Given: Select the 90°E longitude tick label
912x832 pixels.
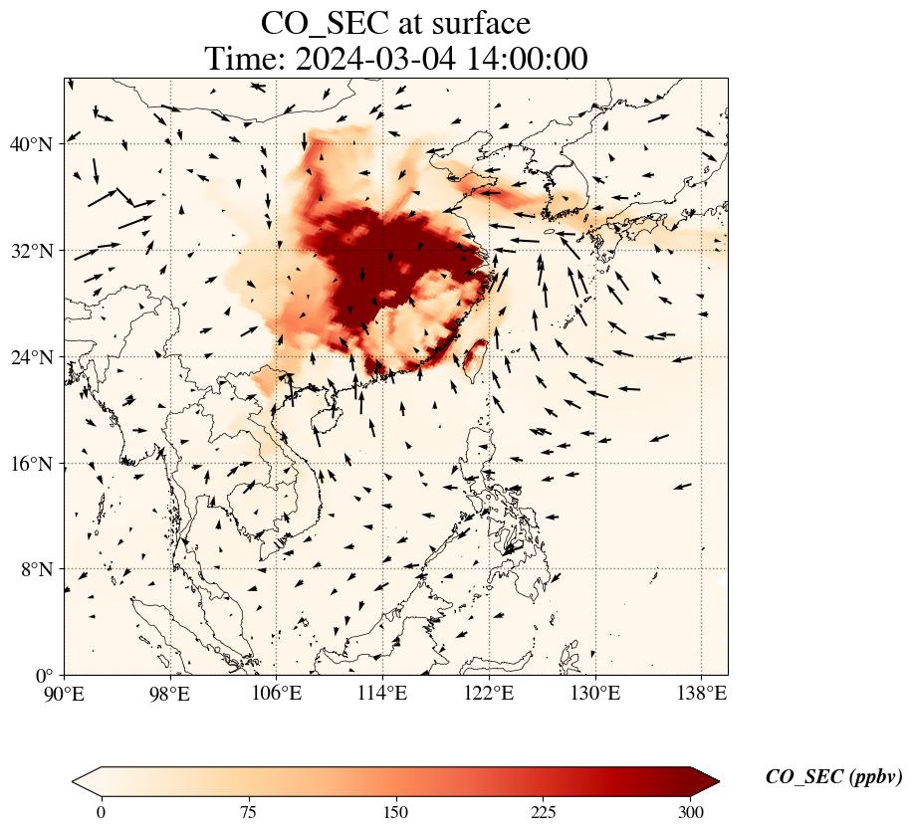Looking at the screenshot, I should click(x=65, y=693).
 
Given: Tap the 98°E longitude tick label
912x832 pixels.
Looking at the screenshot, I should click(x=170, y=693).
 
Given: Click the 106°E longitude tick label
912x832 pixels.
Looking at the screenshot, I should click(x=277, y=693).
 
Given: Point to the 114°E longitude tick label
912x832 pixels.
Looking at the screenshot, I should click(x=383, y=693).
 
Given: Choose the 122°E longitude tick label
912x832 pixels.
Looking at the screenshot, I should click(x=489, y=693).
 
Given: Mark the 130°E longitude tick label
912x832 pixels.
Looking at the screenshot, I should click(x=595, y=693).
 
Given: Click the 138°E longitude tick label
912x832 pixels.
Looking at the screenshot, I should click(x=701, y=693).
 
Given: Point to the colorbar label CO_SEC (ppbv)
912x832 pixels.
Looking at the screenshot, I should click(x=833, y=777).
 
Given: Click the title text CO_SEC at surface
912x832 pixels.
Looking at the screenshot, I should click(x=395, y=23).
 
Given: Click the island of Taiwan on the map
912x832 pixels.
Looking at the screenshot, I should click(x=476, y=358).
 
